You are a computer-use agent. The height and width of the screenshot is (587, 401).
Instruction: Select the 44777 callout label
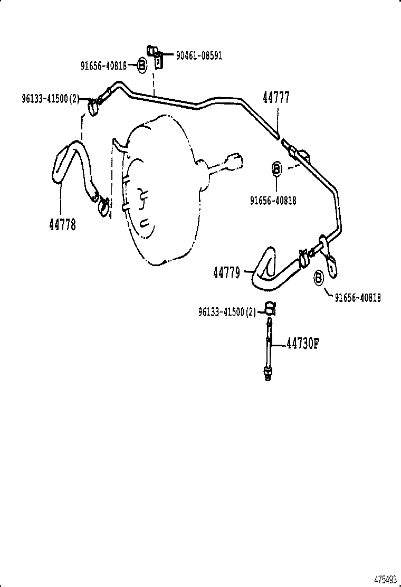(276, 98)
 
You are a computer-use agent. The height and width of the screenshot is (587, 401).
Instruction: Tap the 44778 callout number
(62, 224)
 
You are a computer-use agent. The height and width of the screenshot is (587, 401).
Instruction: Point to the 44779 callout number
(227, 272)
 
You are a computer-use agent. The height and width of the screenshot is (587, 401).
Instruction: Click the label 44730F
(302, 344)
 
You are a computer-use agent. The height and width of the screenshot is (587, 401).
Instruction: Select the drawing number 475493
(385, 579)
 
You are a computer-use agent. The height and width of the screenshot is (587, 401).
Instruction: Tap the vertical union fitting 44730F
(269, 348)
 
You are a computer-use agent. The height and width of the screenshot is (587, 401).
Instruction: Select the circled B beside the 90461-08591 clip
(142, 65)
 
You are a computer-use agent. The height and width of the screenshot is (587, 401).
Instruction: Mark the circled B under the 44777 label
(276, 169)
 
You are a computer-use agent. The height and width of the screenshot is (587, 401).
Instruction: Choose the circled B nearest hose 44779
(319, 278)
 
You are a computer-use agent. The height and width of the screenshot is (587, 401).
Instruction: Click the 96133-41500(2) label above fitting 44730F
(227, 312)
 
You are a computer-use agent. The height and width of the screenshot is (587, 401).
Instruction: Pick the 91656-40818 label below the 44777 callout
(273, 200)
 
